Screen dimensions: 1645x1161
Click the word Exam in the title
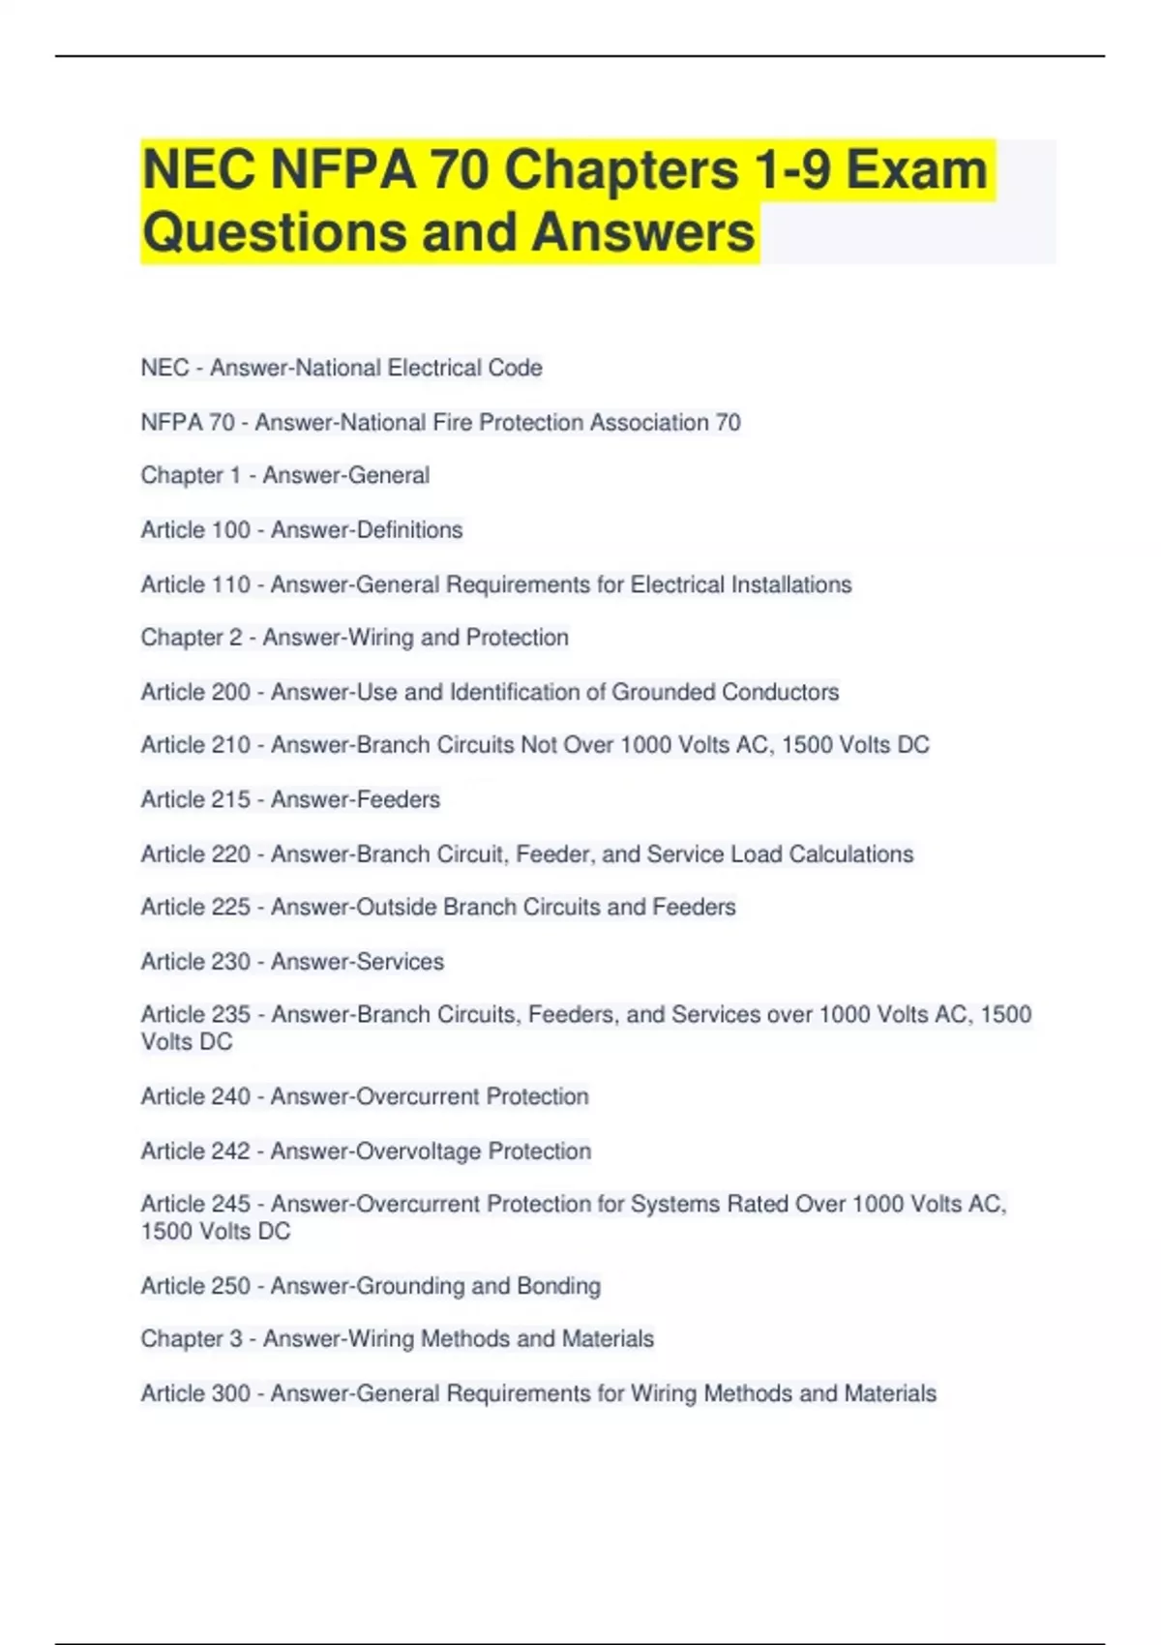point(916,170)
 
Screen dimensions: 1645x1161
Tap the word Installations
point(790,584)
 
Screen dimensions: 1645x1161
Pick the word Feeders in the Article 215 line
point(399,799)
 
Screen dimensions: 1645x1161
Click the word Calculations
point(850,853)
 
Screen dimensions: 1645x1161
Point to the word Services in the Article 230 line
point(401,961)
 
